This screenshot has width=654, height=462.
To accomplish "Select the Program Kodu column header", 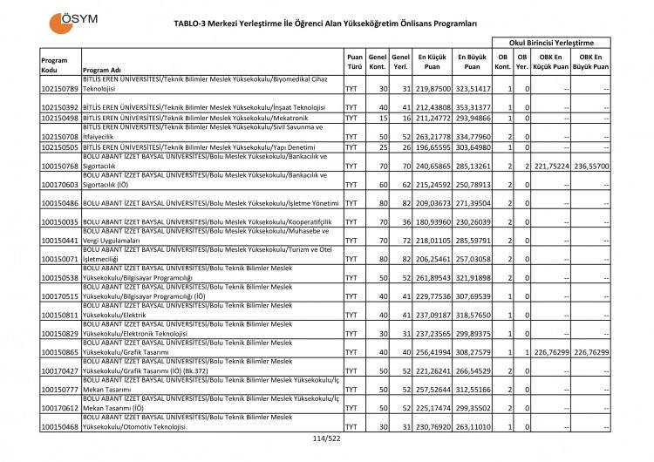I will point(54,65).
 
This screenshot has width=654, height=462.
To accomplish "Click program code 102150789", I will point(60,89).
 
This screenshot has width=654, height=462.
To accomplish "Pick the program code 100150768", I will point(60,166).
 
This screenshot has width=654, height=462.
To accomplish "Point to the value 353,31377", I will point(472,108).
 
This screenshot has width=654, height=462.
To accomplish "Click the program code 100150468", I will point(60,427).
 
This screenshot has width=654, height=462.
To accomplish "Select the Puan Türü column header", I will point(354,60).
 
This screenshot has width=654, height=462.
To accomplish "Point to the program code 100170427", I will point(60,370).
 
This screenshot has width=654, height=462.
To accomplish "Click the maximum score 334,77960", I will point(472,137).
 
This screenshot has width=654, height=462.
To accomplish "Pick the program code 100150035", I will point(60,222).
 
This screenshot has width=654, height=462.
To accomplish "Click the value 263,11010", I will point(472,427).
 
